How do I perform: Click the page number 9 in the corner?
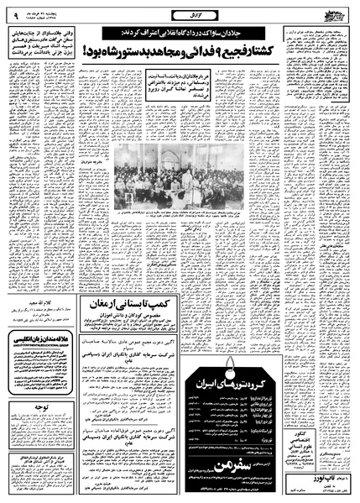pos(17,13)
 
